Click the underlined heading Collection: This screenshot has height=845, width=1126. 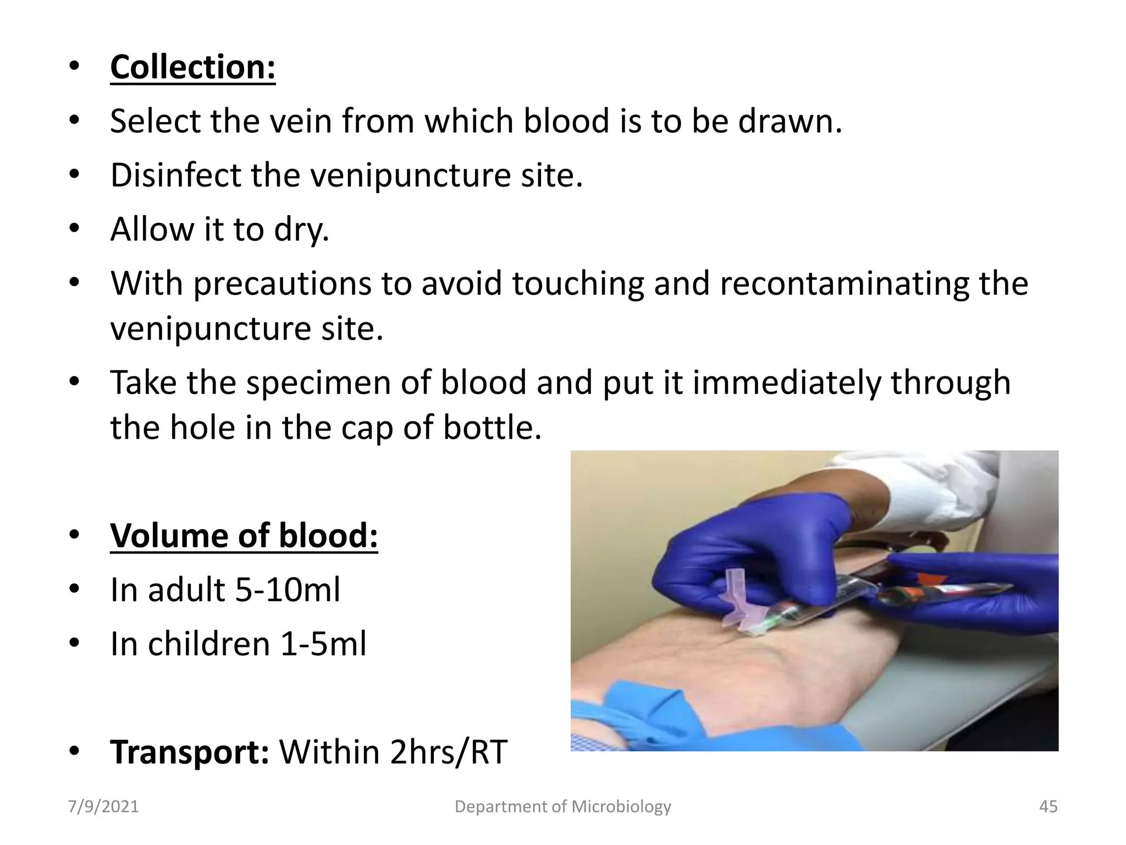tap(192, 67)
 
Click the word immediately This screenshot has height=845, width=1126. tap(786, 382)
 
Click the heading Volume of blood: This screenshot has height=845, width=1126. tap(244, 535)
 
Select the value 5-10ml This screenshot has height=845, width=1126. tap(288, 590)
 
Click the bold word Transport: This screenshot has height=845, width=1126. tap(190, 752)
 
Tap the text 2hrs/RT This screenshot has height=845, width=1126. tap(448, 752)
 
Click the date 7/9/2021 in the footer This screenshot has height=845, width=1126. tap(103, 806)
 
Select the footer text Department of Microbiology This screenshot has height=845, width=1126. tap(562, 806)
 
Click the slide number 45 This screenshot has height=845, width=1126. tap(1048, 806)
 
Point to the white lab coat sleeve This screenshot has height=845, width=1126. tap(946, 484)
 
